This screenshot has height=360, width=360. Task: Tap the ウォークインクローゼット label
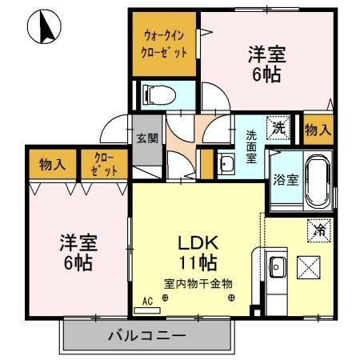[165, 45]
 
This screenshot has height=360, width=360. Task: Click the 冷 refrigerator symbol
[318, 228]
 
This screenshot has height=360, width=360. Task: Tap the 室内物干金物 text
[198, 283]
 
